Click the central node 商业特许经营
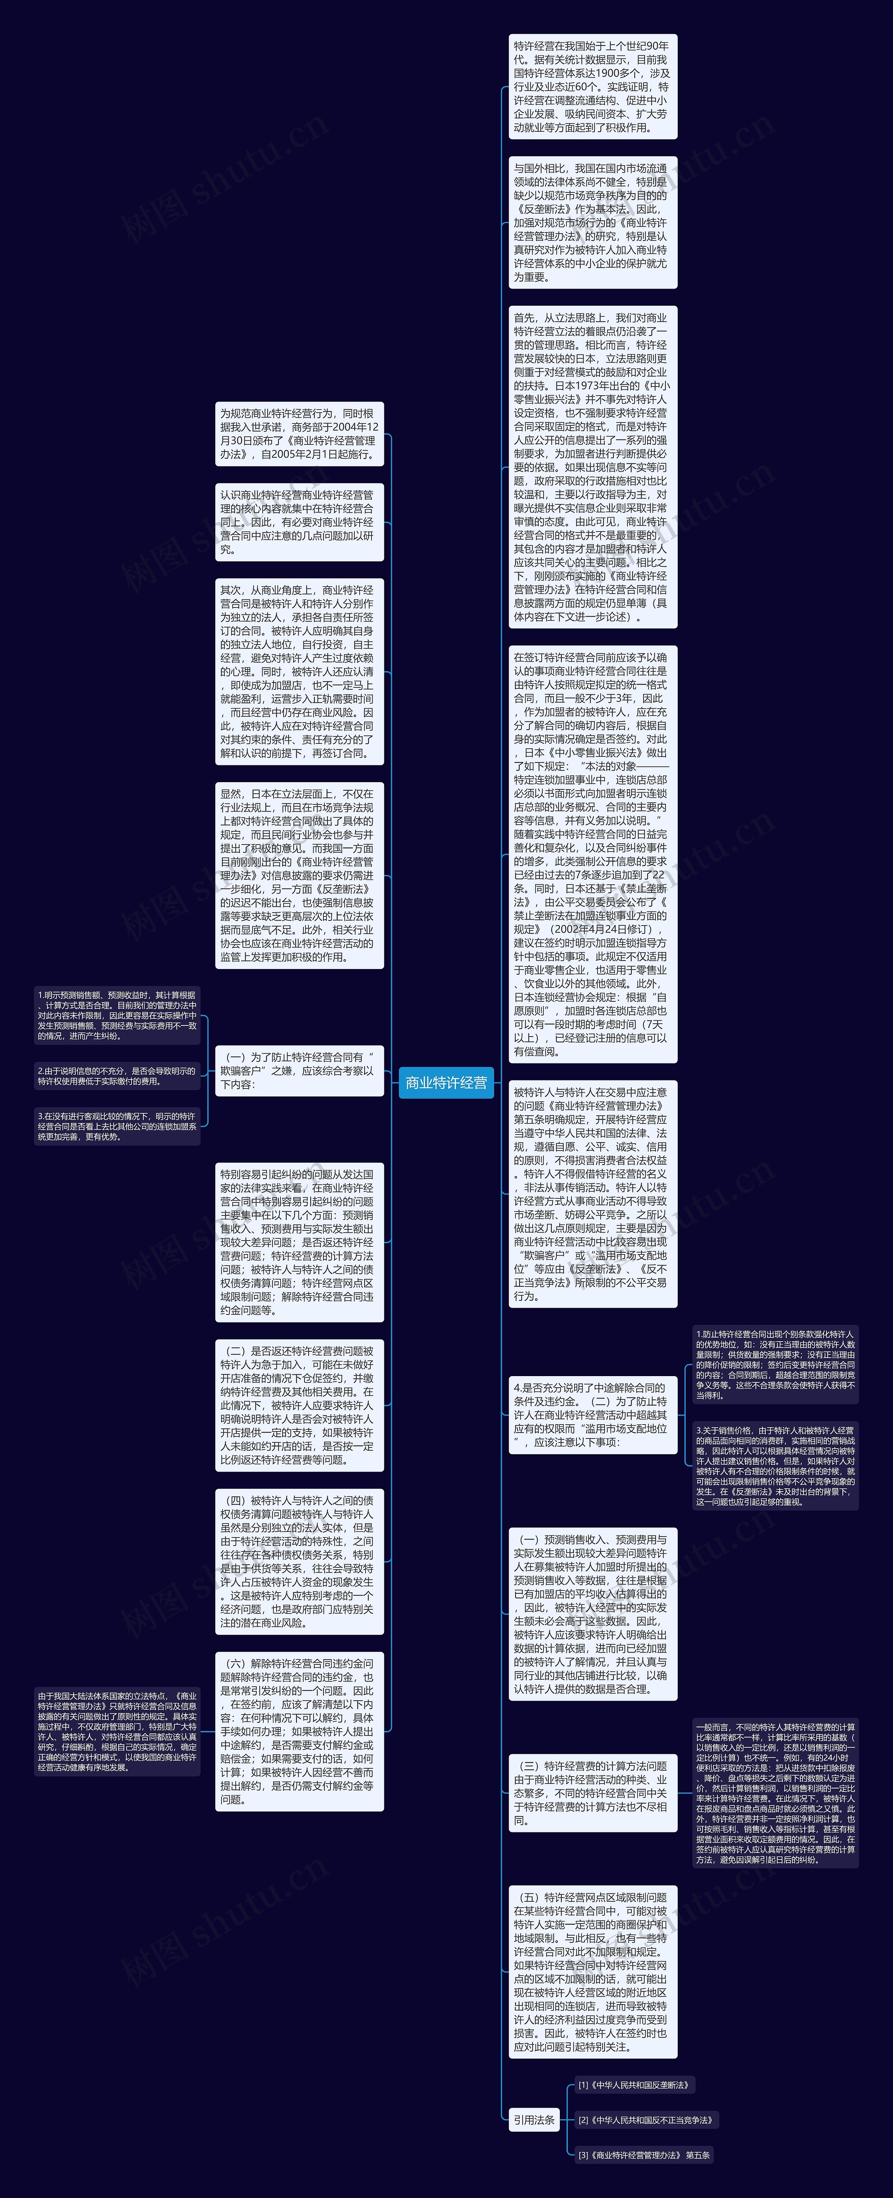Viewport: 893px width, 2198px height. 446,1083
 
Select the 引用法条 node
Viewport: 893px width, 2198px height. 534,2120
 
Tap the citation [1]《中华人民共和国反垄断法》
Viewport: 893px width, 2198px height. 633,2084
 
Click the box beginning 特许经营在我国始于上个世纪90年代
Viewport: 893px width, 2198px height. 592,86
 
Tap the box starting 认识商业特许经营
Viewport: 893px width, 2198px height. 299,521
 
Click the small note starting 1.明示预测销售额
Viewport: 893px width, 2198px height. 117,1015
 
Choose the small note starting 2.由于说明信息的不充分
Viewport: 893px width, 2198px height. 117,1075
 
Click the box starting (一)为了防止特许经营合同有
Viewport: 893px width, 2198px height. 299,1070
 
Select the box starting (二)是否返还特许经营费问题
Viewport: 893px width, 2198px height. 299,1404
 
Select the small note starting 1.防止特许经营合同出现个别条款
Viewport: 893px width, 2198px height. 775,1364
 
